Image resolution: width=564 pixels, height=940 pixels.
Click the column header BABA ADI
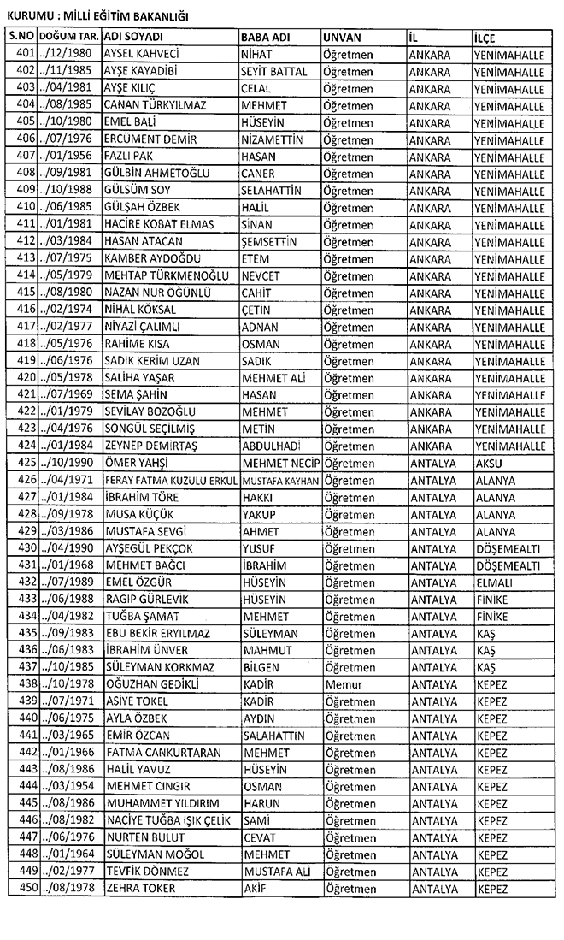point(262,38)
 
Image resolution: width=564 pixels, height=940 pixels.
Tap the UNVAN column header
point(342,38)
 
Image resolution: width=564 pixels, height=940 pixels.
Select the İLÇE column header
point(485,38)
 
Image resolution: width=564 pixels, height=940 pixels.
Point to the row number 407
point(25,156)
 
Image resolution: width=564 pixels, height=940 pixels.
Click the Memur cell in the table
point(343,684)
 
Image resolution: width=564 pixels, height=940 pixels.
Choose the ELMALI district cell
point(496,582)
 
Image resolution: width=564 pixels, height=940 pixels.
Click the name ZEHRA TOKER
point(139,888)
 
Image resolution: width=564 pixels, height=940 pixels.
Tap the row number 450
point(25,888)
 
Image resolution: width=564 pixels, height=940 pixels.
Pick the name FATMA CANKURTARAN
point(162,752)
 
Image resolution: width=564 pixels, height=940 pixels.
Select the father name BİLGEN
point(261,667)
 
